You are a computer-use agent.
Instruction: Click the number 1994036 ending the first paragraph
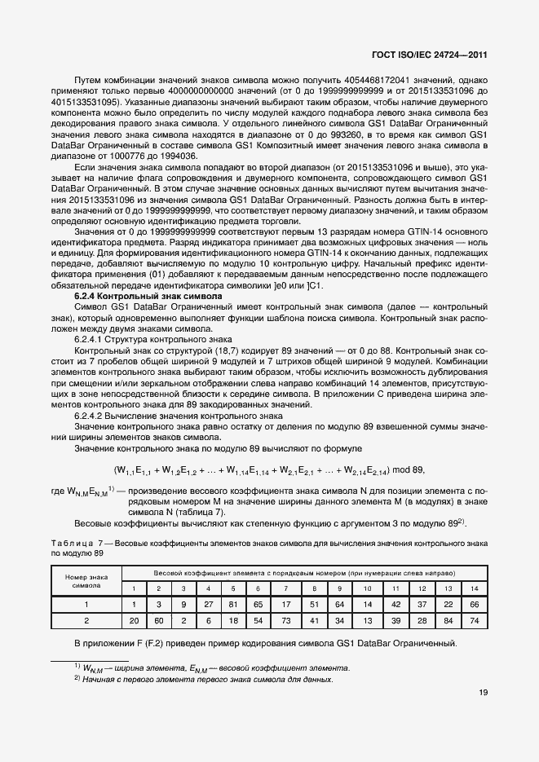point(177,156)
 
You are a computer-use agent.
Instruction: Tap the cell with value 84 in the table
point(448,620)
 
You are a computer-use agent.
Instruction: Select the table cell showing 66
point(475,605)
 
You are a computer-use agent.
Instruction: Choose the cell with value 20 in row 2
point(133,620)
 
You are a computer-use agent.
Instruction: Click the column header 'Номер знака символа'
point(86,580)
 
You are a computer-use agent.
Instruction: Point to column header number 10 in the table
point(367,588)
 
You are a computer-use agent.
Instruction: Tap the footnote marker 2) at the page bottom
point(76,679)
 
